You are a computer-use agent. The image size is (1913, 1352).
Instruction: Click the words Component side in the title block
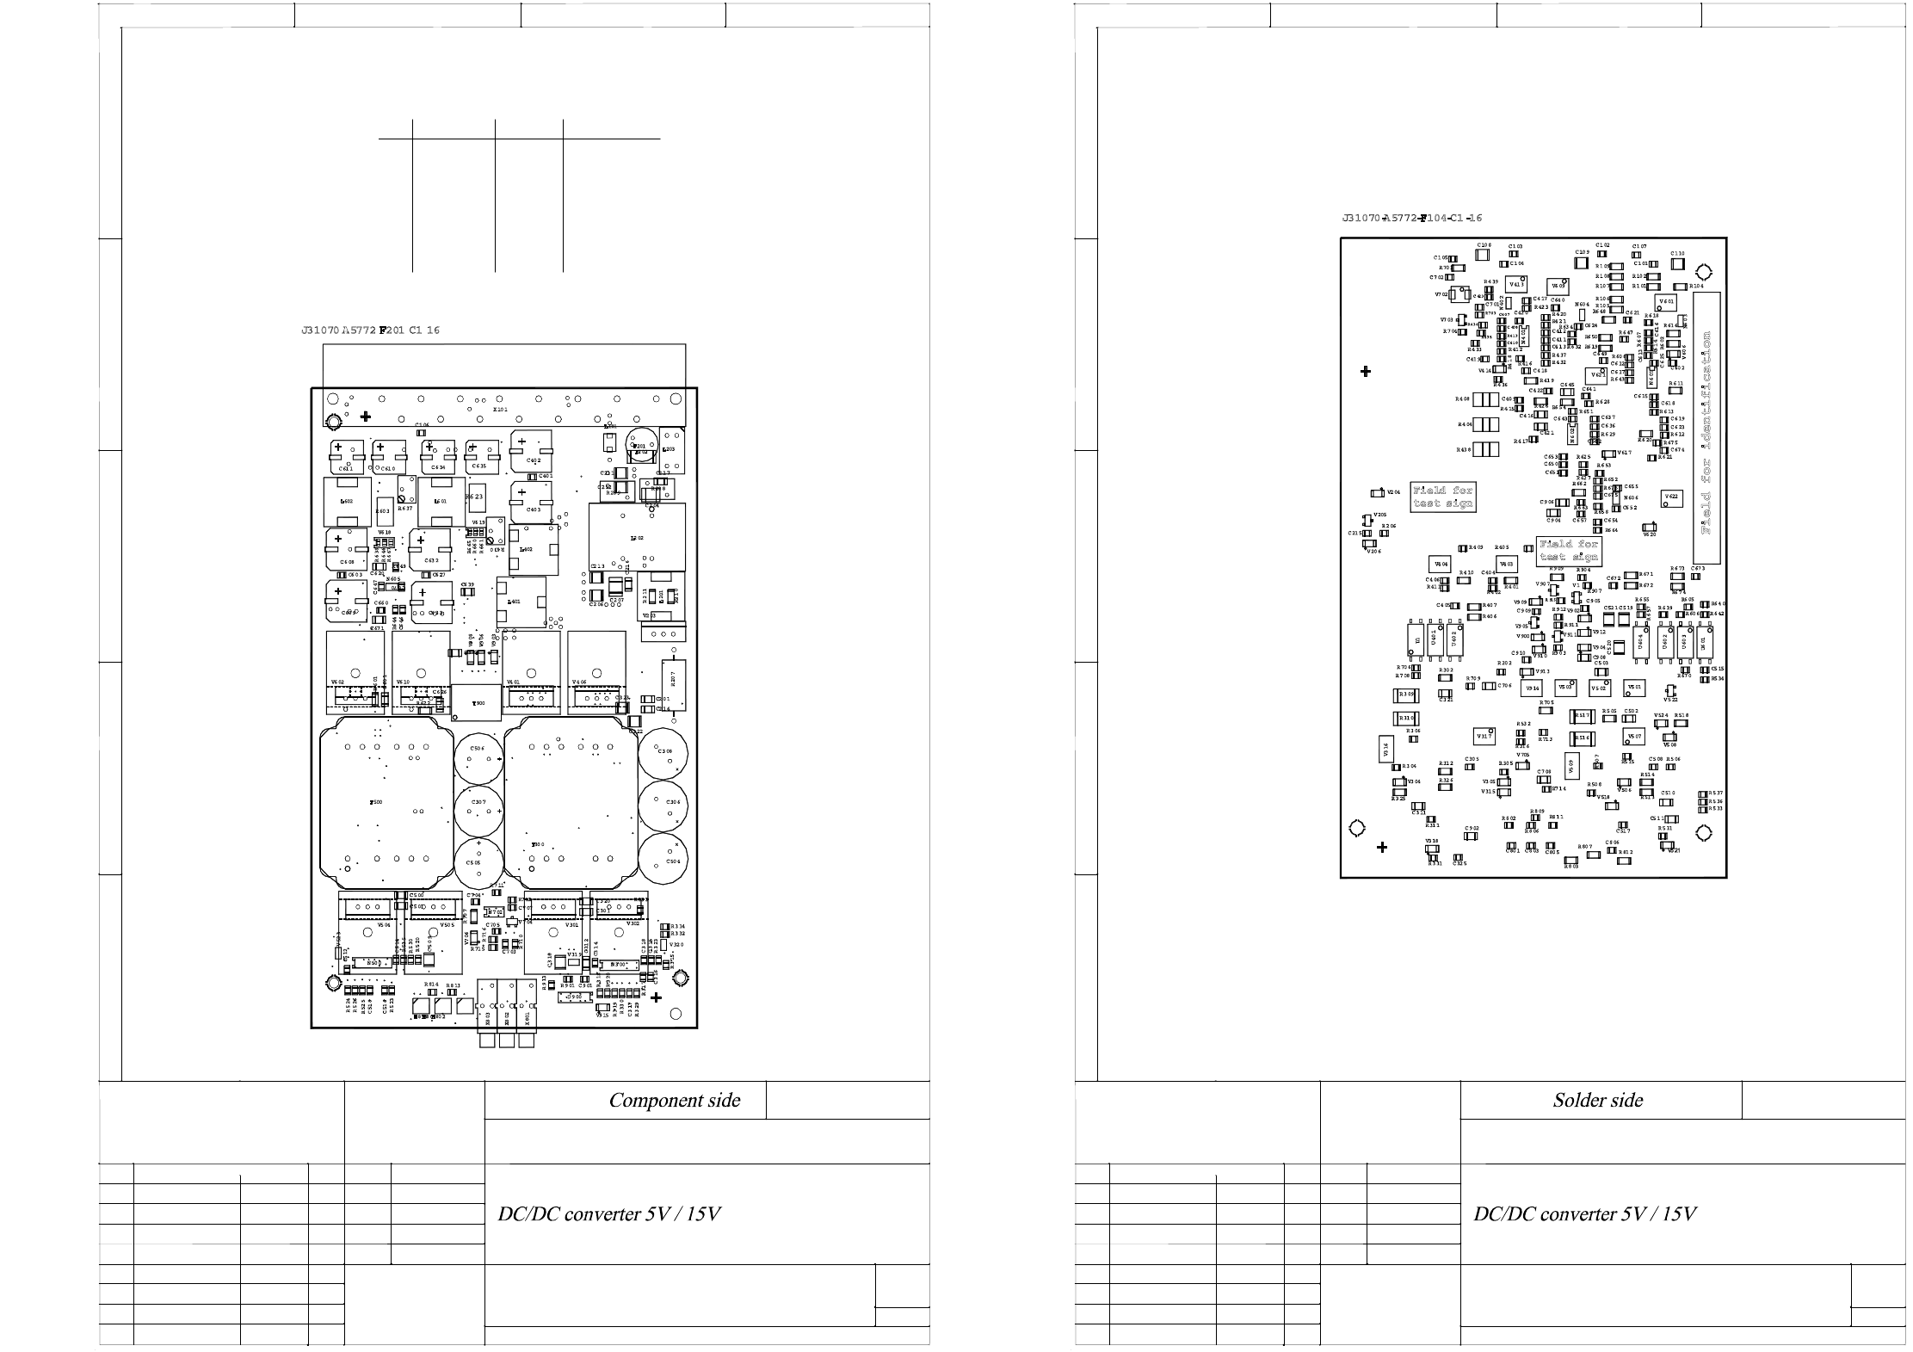point(674,1101)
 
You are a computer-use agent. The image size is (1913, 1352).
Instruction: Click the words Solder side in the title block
point(1597,1101)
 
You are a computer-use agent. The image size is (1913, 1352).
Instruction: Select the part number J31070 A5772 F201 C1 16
point(370,330)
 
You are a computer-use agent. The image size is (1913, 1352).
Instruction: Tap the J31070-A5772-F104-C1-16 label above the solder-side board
point(1411,219)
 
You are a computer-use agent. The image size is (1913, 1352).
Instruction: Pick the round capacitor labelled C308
point(664,752)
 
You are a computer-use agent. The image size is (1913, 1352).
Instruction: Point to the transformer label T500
point(376,802)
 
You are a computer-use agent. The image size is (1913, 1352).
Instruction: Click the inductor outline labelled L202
point(637,538)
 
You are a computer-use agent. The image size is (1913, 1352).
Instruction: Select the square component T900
point(476,701)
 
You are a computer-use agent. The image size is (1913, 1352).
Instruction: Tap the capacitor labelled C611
point(346,456)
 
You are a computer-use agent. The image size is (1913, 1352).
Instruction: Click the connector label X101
point(500,410)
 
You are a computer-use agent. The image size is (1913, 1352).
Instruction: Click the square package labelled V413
point(1516,286)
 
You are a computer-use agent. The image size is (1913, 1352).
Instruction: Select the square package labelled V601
point(1666,302)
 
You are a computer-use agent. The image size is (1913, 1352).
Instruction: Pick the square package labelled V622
point(1671,497)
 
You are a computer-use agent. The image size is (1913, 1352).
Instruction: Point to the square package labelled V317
point(1484,737)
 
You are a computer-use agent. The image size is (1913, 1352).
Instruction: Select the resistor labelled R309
point(1405,695)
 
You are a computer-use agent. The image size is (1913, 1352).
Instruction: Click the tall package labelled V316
point(1386,749)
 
